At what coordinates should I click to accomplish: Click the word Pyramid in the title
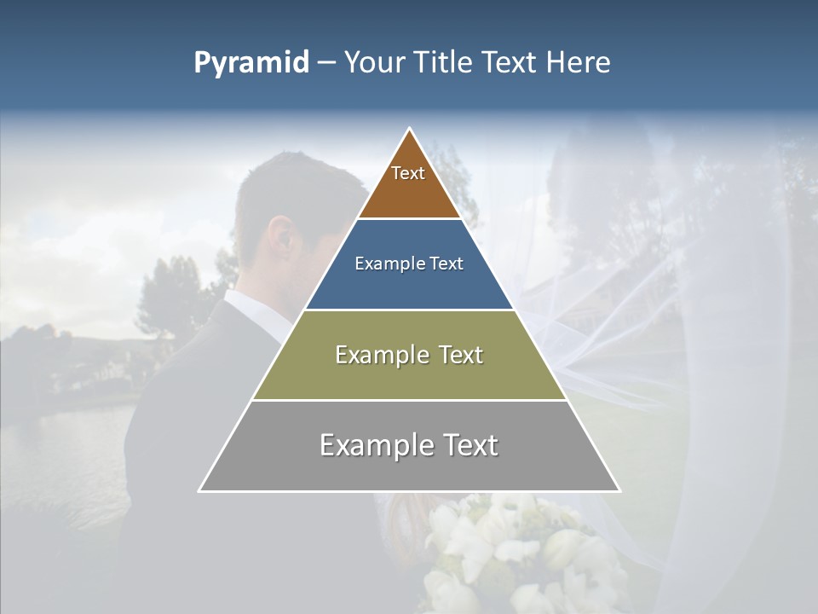251,63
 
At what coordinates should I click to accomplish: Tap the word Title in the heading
447,62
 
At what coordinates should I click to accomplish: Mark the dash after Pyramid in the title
326,63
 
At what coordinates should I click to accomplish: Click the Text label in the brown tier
408,173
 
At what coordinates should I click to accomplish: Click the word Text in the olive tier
459,355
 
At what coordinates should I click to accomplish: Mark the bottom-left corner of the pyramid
200,490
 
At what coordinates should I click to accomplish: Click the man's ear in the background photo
280,238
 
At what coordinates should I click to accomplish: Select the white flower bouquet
511,554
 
